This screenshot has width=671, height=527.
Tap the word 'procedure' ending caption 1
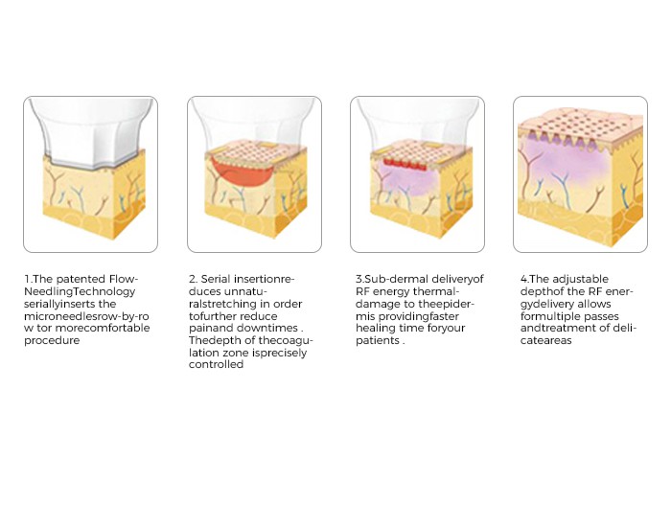[52, 341]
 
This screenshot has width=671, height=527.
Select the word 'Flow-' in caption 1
[124, 280]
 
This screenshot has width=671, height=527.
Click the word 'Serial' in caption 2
[216, 280]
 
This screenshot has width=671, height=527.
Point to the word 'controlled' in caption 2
[216, 364]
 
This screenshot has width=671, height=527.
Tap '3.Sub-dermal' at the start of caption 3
[391, 280]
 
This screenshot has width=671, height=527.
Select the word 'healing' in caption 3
[376, 329]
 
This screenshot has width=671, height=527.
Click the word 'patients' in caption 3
[378, 341]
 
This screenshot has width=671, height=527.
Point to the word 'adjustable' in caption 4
[580, 280]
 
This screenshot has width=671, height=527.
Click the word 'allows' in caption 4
[594, 304]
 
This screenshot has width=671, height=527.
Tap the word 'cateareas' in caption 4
[546, 341]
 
